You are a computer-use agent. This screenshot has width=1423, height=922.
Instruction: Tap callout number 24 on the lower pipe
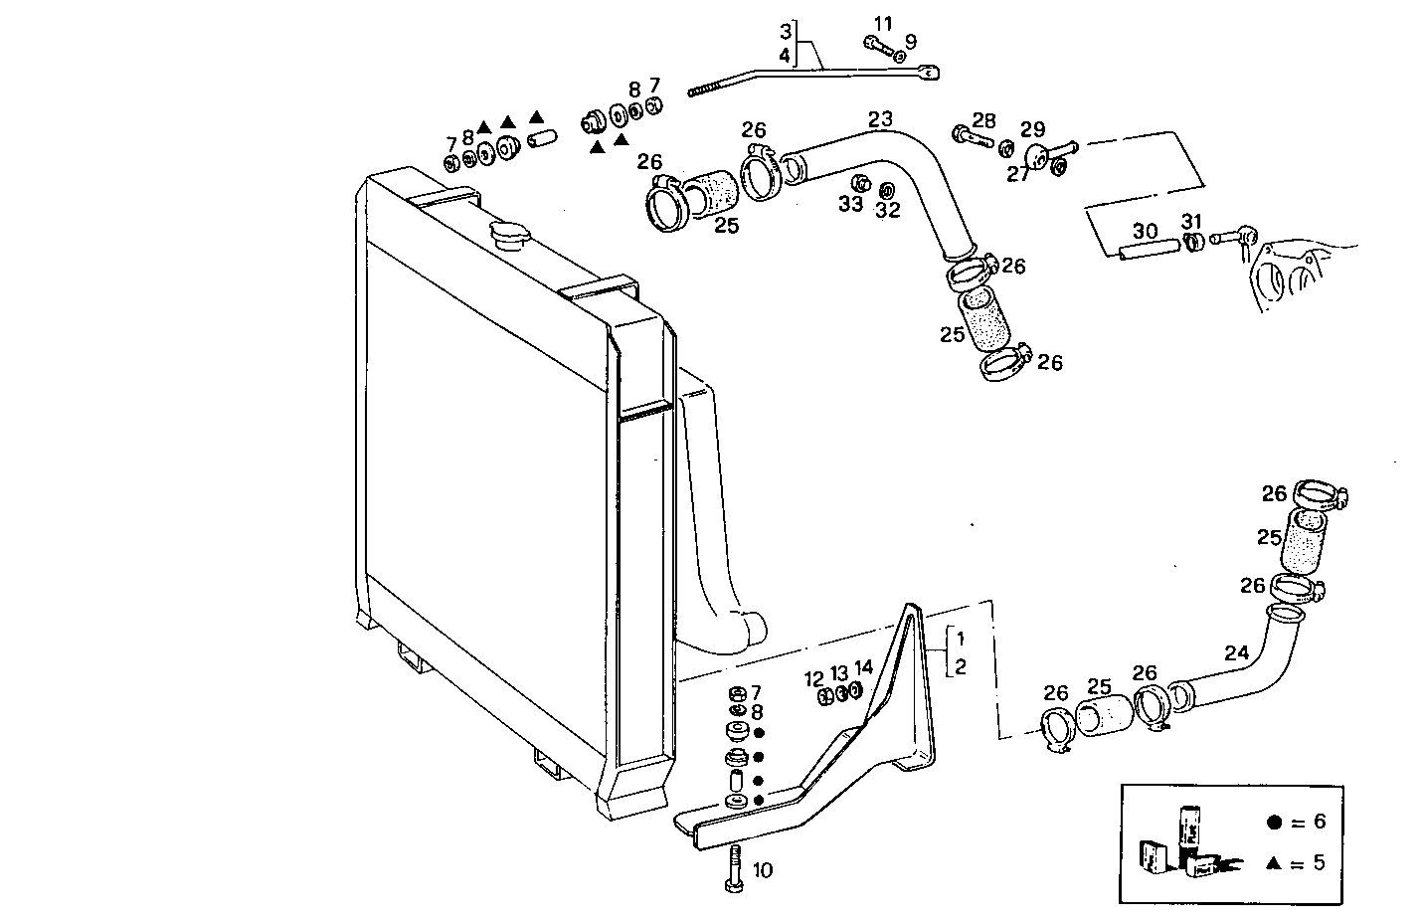click(x=1236, y=653)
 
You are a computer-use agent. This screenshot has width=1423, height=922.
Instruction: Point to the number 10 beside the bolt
click(x=762, y=871)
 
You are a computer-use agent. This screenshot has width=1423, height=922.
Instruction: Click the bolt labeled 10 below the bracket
click(x=734, y=867)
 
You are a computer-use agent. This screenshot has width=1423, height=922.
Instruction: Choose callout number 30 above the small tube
click(x=1145, y=231)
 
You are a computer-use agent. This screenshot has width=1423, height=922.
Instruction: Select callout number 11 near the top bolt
click(x=884, y=23)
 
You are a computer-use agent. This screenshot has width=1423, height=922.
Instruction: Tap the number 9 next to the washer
click(x=910, y=41)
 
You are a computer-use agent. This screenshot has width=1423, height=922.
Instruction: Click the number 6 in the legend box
click(x=1320, y=822)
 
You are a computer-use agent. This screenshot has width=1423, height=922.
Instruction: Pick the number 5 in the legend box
click(x=1319, y=862)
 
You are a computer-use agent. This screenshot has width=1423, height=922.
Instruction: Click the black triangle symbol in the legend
click(x=1273, y=863)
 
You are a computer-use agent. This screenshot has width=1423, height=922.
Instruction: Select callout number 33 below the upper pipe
click(x=850, y=205)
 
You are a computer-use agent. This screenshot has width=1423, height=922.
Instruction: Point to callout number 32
click(x=887, y=210)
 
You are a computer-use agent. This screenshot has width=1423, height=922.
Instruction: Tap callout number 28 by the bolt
click(x=983, y=120)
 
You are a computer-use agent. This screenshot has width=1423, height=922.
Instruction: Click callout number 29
click(x=1032, y=129)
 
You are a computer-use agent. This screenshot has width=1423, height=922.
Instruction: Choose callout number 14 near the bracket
click(x=863, y=667)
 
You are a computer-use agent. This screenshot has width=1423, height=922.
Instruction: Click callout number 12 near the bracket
click(x=814, y=679)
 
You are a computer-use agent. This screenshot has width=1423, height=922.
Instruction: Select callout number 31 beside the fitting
click(x=1191, y=221)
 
